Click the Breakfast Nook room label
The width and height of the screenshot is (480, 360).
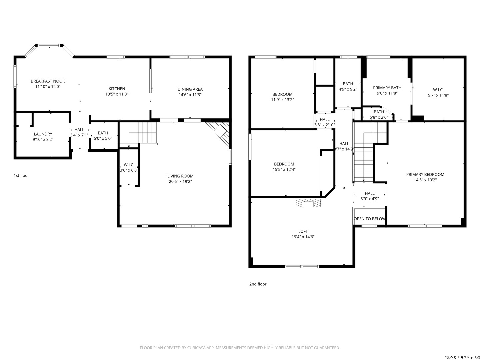point(48,81)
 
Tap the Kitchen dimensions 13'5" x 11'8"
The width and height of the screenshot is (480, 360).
point(117,94)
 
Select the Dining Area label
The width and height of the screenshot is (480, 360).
point(190,89)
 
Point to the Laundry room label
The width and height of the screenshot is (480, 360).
point(43,134)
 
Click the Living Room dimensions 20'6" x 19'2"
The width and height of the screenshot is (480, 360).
point(180,181)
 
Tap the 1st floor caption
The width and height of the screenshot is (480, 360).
point(21,175)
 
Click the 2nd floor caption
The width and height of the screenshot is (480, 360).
point(258,284)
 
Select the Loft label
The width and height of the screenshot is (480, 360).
point(303,231)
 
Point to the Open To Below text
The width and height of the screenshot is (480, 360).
point(369,219)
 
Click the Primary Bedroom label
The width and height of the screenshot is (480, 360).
point(425,174)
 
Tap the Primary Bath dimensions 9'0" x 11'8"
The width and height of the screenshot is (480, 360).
point(387,93)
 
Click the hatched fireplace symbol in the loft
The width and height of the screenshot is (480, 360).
point(308,203)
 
